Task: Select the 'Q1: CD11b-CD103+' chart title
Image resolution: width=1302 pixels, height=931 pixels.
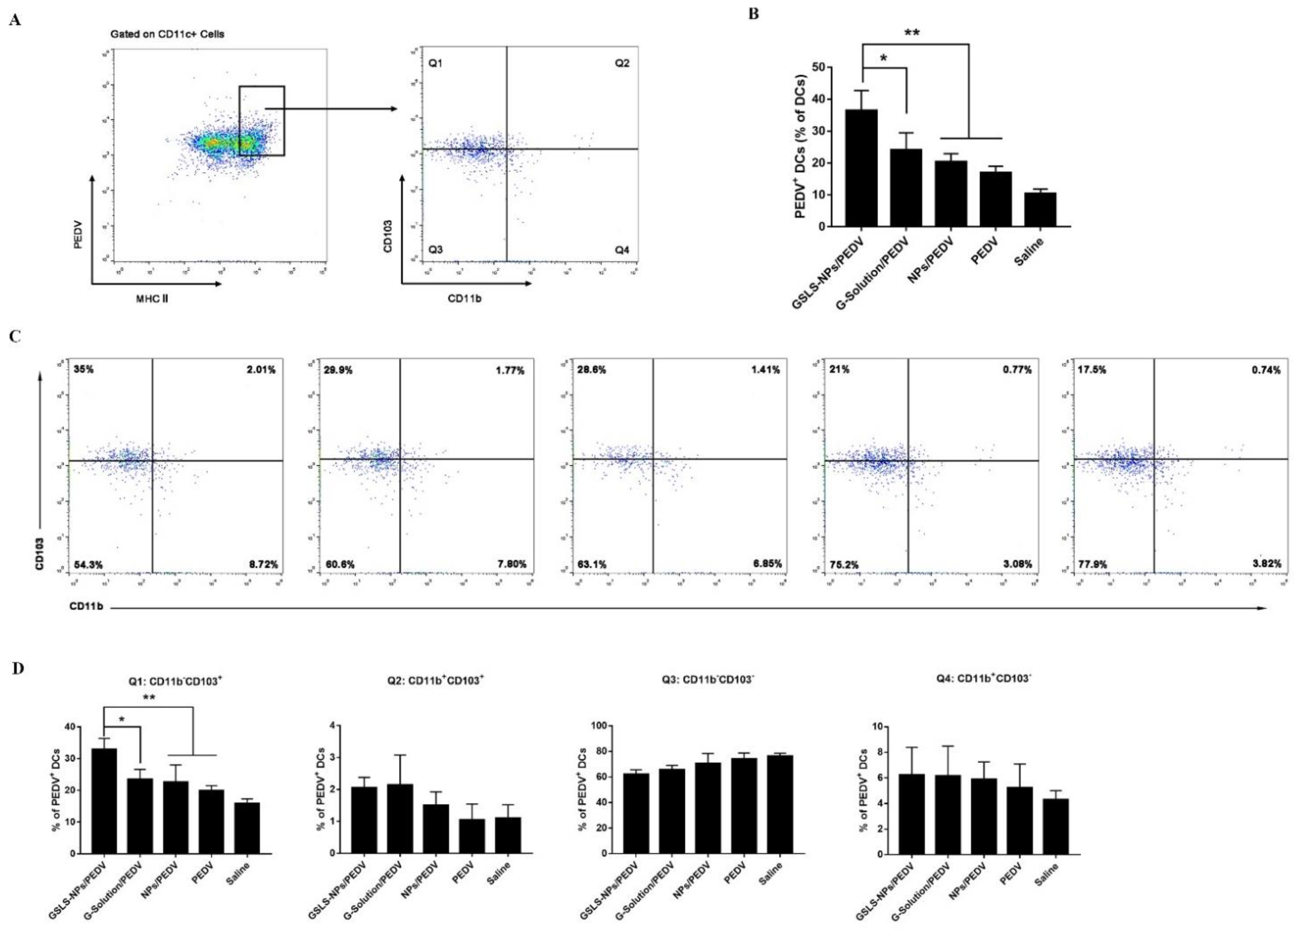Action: click(175, 682)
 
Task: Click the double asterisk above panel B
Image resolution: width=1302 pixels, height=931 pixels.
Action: click(912, 33)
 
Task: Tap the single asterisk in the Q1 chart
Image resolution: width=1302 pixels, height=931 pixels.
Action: click(121, 719)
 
